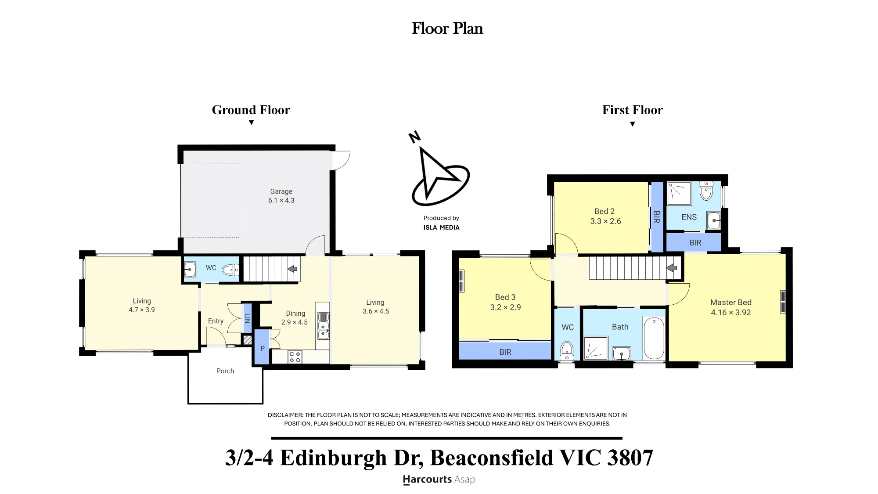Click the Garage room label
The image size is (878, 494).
click(281, 191)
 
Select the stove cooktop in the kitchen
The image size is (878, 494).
click(295, 357)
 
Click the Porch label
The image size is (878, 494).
click(225, 371)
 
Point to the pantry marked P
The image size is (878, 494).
click(262, 347)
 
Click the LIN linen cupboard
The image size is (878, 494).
click(247, 318)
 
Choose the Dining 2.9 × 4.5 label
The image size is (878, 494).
click(295, 317)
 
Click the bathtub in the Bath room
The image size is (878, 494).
click(654, 339)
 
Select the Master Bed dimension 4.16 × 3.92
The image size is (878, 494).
click(731, 313)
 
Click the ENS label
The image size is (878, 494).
click(689, 217)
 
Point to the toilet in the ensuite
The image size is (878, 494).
click(706, 191)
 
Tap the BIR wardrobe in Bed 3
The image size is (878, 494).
click(505, 351)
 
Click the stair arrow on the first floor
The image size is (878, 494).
click(672, 268)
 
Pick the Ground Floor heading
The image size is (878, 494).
click(251, 110)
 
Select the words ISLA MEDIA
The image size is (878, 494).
click(441, 227)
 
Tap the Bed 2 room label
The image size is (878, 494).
click(605, 211)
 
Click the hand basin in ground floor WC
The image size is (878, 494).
click(190, 269)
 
